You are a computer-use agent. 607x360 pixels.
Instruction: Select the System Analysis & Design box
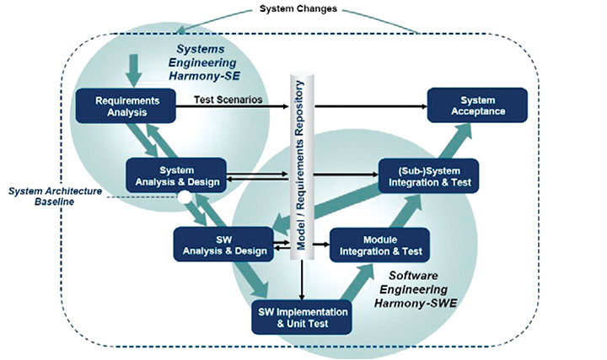pyautogui.click(x=175, y=174)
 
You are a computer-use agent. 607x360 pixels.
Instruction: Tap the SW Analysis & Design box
pyautogui.click(x=222, y=244)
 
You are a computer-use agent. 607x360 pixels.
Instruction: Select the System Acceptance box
pyautogui.click(x=477, y=105)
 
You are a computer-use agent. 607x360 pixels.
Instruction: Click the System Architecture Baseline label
pyautogui.click(x=55, y=196)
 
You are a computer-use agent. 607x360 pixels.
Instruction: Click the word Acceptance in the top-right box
pyautogui.click(x=477, y=111)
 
